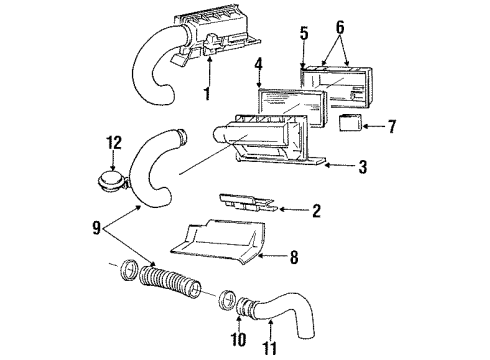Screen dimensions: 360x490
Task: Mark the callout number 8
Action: [293, 258]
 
